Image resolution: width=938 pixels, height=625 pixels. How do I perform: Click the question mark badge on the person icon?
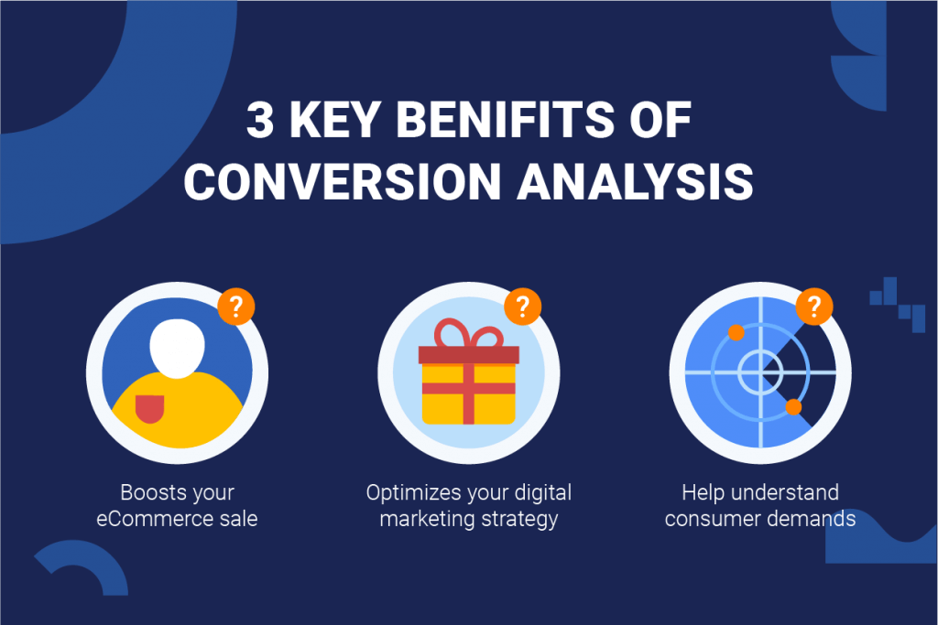tap(236, 307)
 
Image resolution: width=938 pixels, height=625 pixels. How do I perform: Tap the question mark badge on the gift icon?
tap(523, 307)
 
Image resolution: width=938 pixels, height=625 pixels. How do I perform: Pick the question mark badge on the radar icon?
tap(814, 307)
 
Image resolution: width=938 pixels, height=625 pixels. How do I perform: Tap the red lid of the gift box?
tap(468, 355)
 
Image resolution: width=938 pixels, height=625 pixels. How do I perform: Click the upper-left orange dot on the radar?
tap(735, 332)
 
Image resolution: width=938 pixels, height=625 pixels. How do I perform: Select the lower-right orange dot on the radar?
tap(793, 406)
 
